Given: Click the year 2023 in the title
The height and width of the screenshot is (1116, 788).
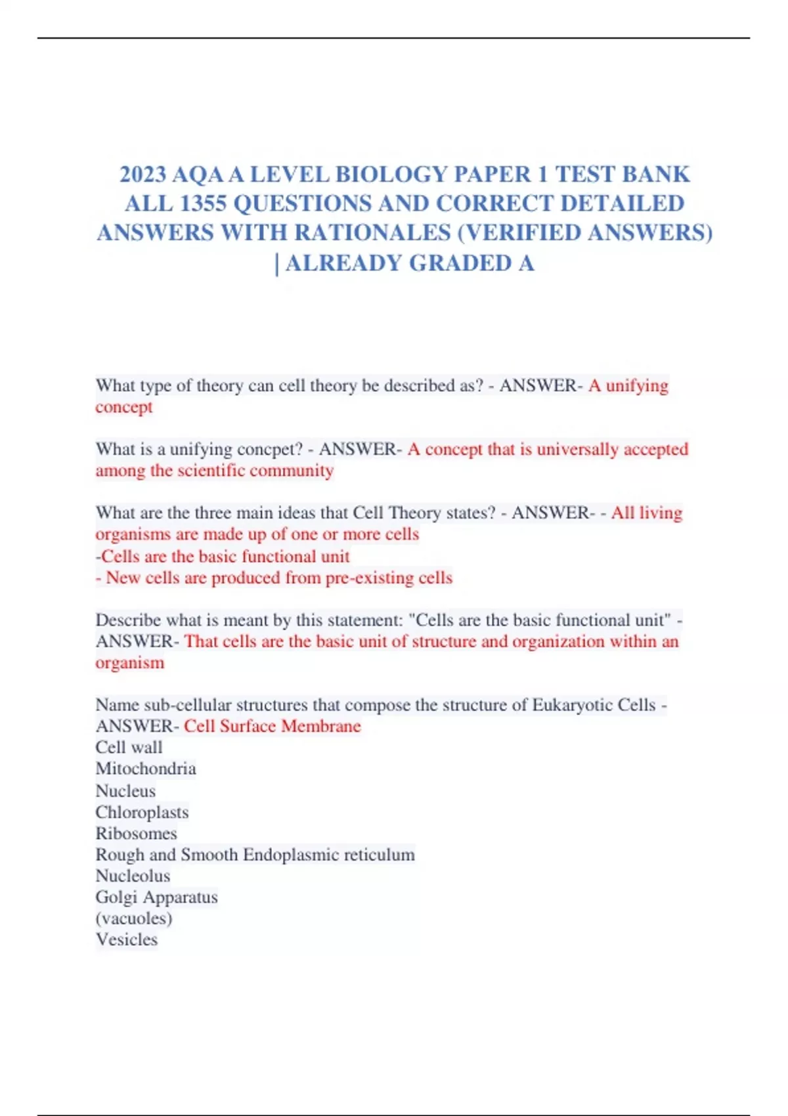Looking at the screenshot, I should (142, 175).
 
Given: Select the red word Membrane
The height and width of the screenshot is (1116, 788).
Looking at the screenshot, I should (321, 726).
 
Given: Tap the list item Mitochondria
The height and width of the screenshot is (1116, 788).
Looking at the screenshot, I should (146, 769).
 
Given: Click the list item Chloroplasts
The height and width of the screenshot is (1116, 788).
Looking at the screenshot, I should (142, 812).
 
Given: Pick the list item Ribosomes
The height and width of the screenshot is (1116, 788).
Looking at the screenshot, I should (136, 834).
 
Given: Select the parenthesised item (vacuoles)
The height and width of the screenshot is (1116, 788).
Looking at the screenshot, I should (134, 918).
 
